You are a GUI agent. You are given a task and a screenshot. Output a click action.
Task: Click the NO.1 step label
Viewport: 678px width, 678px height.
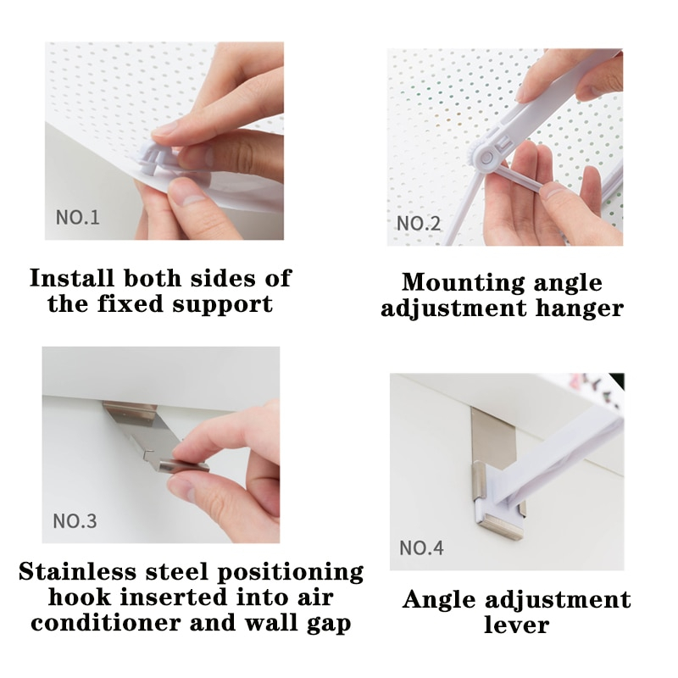pos(77,217)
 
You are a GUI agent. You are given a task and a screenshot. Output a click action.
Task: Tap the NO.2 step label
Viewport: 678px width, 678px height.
pos(419,223)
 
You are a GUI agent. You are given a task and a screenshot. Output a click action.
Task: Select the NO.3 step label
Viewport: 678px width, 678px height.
pos(75,521)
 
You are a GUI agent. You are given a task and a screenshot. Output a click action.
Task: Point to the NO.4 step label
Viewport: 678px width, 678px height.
pos(421,547)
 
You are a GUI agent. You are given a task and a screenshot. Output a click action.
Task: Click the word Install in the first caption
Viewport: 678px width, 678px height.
pos(72,278)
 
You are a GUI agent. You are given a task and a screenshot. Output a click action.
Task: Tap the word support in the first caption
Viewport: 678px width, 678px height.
pos(223,305)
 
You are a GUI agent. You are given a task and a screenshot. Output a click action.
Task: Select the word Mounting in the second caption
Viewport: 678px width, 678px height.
pos(463,284)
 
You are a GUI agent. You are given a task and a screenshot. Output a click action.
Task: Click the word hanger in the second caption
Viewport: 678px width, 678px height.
pos(580,309)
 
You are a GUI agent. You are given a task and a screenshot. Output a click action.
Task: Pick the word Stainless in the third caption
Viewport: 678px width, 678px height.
pos(77,571)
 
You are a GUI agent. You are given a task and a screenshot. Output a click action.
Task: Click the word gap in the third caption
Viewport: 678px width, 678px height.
pos(329,625)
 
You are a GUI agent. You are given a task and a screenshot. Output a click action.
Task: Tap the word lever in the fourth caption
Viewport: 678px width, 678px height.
pos(516,625)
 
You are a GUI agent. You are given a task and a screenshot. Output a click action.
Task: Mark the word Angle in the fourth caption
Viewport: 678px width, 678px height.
pos(439,601)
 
